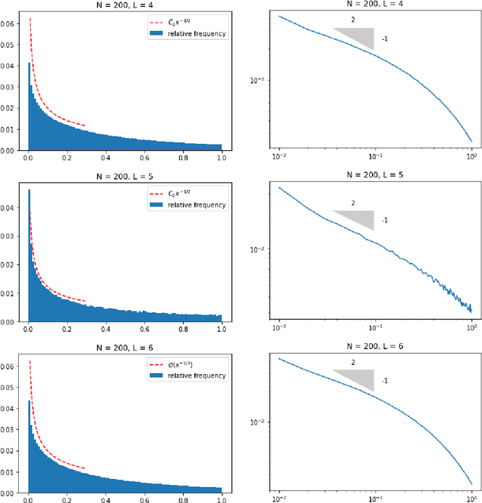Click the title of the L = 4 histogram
tap(126, 5)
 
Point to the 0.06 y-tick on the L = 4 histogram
tap(11, 24)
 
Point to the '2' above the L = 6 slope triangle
tap(352, 362)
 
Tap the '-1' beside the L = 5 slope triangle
tap(384, 220)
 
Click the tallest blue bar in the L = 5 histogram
tap(29, 256)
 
